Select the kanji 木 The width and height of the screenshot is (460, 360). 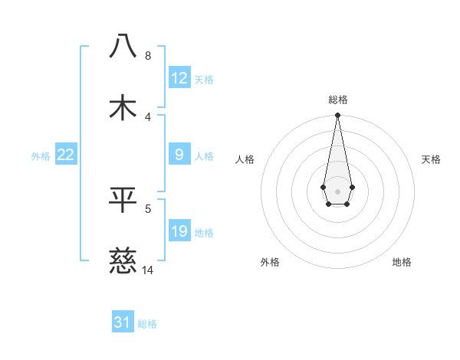[123, 108]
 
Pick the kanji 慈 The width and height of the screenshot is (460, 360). [123, 261]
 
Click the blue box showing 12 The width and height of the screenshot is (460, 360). [179, 78]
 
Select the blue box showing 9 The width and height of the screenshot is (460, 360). [179, 155]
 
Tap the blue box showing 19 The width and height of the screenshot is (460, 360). [179, 231]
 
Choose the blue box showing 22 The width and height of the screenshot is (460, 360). [66, 155]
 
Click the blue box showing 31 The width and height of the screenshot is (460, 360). [123, 322]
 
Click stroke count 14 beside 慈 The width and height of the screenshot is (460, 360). [148, 270]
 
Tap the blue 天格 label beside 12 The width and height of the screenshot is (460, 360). [204, 80]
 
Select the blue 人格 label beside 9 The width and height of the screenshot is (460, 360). [204, 156]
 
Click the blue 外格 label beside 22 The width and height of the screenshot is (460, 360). [41, 156]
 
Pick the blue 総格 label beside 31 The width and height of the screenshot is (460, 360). [147, 324]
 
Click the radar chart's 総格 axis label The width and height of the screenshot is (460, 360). [337, 100]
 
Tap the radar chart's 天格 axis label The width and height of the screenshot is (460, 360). [432, 159]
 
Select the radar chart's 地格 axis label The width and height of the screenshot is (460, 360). [402, 262]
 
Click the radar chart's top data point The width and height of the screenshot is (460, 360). [337, 116]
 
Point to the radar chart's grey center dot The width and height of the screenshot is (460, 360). [337, 190]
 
